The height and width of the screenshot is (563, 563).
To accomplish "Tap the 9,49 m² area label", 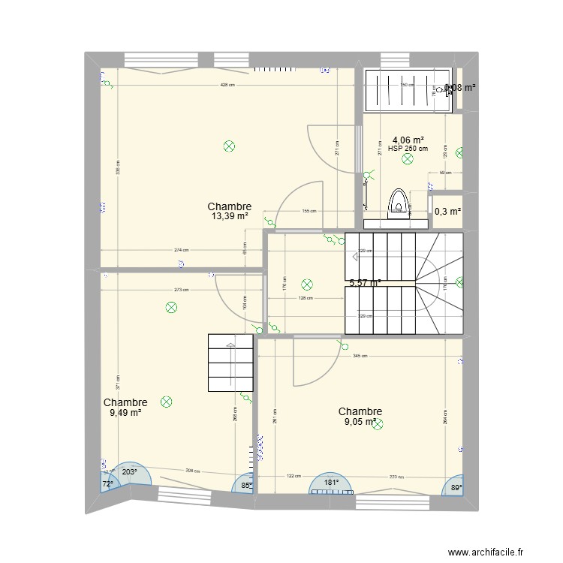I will click(125, 412).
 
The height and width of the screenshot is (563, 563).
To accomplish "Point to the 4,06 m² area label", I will click(408, 139).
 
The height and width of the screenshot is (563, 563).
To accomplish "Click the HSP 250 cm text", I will click(408, 148).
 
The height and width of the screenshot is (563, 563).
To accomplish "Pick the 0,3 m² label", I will click(447, 212).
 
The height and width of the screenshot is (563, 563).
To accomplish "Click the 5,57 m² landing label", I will click(365, 283).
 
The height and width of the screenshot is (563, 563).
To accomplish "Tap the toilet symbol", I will click(398, 203).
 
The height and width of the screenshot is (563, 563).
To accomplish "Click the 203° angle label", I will click(129, 472).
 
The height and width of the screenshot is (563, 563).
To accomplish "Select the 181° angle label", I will click(331, 483).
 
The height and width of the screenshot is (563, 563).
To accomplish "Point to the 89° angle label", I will click(456, 488).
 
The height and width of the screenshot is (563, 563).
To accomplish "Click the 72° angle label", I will click(107, 484).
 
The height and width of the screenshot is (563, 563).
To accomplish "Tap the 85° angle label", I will click(246, 485).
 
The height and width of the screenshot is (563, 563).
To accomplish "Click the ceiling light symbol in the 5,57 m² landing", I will click(306, 284).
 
